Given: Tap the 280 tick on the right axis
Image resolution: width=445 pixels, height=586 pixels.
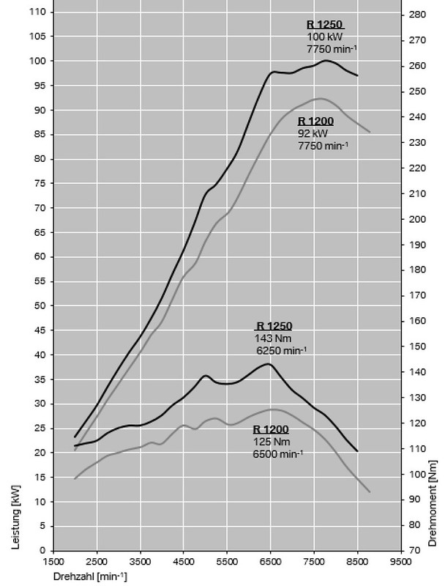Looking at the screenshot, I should tap(418, 15).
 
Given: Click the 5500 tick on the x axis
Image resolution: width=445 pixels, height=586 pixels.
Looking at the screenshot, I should tap(228, 563).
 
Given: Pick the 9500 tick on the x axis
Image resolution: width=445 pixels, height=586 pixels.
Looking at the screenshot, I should tap(401, 563).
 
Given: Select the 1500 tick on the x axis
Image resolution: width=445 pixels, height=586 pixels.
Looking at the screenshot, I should tap(53, 563).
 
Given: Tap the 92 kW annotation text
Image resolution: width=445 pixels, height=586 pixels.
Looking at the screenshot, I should tap(313, 134).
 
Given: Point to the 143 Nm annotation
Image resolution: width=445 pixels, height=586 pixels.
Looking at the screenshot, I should tap(271, 338).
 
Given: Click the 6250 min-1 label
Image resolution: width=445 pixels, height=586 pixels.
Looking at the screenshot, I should tap(281, 351).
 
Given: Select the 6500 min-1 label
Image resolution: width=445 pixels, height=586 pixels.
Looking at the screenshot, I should tap(278, 454).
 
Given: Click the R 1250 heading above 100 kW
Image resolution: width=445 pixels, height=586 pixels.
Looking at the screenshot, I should tap(324, 24).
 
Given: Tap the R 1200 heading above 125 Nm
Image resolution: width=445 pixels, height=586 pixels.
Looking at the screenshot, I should tap(271, 430).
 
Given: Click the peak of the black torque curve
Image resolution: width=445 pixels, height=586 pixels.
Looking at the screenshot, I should tap(269, 364).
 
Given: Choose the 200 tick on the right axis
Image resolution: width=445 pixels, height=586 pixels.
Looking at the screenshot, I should tap(418, 219).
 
